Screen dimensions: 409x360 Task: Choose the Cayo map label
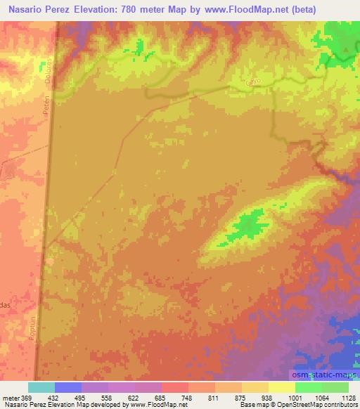(253, 82)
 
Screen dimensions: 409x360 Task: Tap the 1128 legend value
(347, 397)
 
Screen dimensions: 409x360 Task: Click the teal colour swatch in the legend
(41, 387)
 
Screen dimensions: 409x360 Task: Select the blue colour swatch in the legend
(68, 387)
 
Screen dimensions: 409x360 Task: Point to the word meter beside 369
(11, 397)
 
